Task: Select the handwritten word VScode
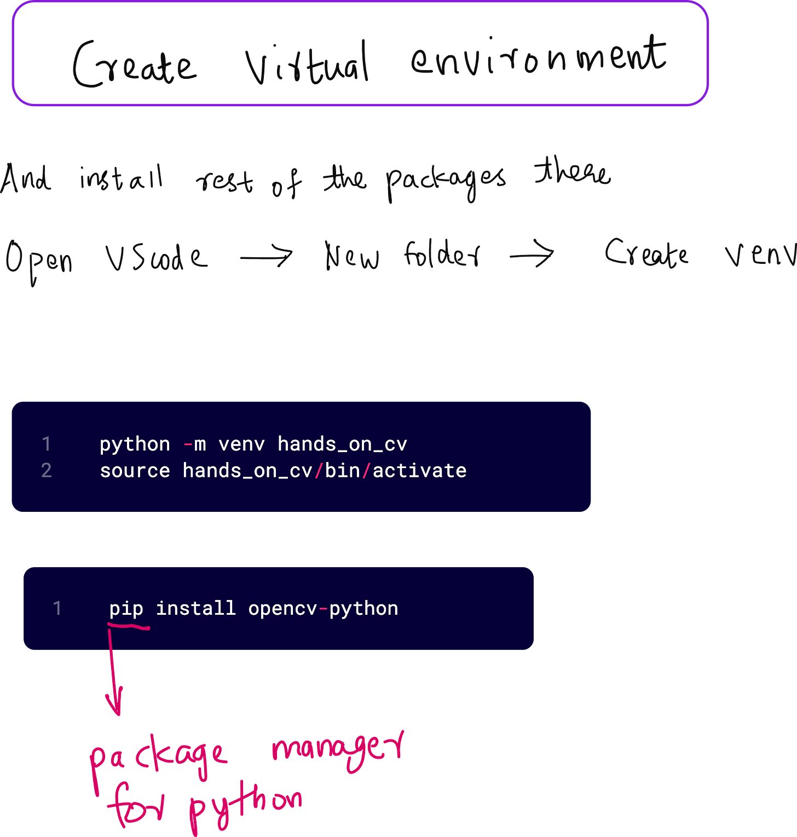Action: [157, 257]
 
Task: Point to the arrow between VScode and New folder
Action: [267, 255]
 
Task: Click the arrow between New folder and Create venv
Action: [532, 254]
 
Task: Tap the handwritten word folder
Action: [442, 255]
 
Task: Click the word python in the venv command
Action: [135, 445]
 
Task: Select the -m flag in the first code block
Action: [195, 444]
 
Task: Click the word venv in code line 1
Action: [241, 444]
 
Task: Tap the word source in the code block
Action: [135, 471]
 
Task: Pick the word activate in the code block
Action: [419, 471]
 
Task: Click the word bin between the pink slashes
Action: [342, 471]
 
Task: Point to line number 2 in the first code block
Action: [47, 471]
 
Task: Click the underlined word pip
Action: [126, 609]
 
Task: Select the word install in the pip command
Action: [195, 609]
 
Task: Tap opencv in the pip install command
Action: [282, 609]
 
